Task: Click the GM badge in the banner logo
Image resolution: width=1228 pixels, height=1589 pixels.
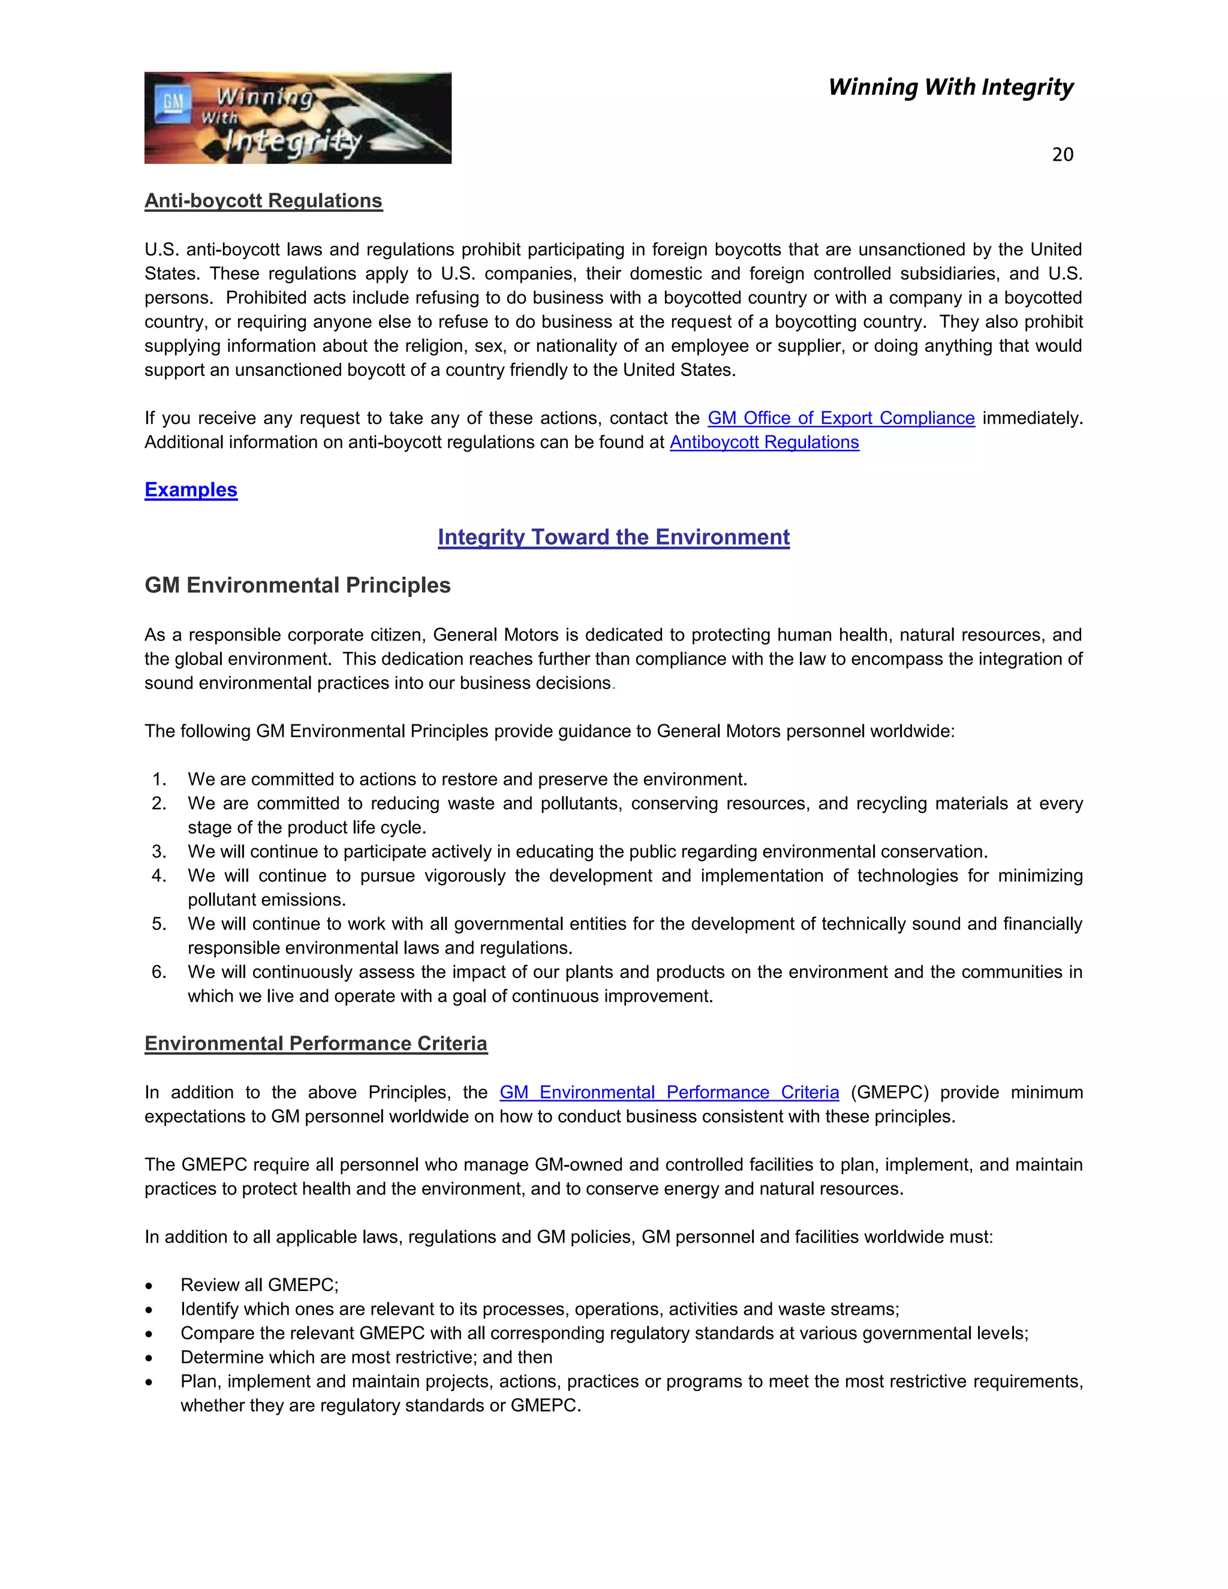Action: coord(173,103)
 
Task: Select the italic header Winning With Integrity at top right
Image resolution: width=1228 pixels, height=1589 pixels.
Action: coord(950,88)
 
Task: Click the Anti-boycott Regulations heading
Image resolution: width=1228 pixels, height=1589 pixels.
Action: coord(263,201)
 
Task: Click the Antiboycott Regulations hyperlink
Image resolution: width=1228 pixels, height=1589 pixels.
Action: coord(764,443)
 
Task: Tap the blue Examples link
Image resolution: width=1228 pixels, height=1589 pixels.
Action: coord(191,490)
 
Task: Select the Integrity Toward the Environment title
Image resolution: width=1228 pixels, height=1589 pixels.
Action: coord(613,537)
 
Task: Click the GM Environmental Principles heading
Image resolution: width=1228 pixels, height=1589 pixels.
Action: coord(297,585)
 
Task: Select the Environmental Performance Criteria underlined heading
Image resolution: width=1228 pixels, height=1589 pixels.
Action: coord(316,1043)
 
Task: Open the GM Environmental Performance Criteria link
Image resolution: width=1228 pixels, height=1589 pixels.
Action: coord(669,1092)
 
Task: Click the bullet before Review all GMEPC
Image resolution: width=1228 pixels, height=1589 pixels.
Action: coord(149,1286)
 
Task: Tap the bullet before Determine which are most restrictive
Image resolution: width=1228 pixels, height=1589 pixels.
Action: coord(149,1358)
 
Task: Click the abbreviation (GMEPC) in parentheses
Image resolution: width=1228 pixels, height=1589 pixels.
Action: coord(889,1092)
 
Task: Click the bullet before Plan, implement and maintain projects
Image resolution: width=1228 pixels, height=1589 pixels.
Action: coord(149,1382)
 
